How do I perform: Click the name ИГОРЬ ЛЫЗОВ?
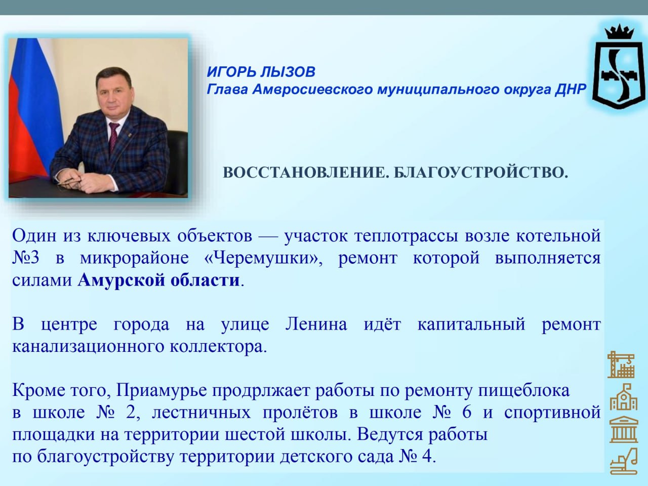click(x=261, y=72)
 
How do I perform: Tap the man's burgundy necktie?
click(x=113, y=136)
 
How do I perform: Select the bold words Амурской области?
click(x=159, y=280)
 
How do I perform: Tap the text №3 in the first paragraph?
click(x=26, y=258)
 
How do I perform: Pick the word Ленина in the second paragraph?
click(x=316, y=324)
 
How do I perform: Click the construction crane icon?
click(x=621, y=364)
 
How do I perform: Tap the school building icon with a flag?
click(x=624, y=397)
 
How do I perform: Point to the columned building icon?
click(x=624, y=430)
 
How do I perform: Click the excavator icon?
click(x=624, y=461)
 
